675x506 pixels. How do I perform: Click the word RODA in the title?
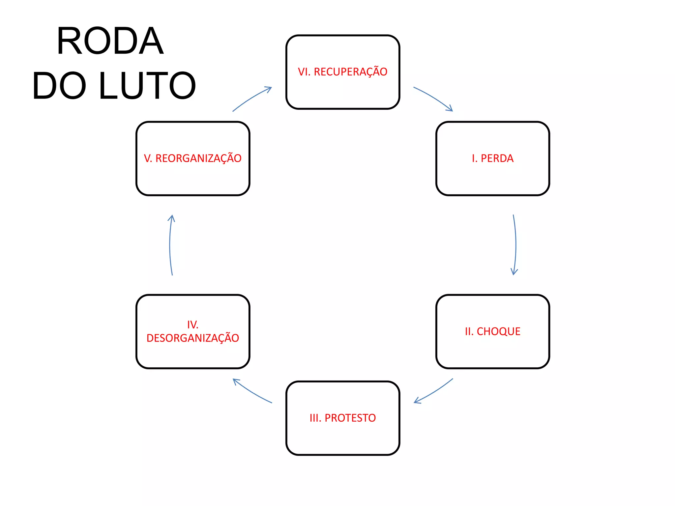coord(110,41)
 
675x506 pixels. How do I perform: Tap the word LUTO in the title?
coord(147,86)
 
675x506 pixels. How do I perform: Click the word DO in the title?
coord(59,86)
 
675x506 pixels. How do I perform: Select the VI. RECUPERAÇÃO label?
coord(342,72)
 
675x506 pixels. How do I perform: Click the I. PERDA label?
coord(492,158)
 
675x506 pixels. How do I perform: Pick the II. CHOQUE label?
coord(492,331)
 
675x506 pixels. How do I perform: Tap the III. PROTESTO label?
coord(342,418)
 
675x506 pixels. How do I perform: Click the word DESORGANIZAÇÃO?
coord(193,338)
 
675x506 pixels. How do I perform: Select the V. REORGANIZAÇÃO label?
coord(193,158)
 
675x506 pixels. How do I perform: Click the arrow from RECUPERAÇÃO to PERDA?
coord(433,98)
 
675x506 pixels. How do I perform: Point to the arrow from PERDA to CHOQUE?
coord(515,245)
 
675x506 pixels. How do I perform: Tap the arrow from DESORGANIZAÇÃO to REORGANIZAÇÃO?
coord(170,245)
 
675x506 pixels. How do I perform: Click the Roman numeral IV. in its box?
coord(193,325)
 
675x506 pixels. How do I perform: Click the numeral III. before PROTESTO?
coord(315,418)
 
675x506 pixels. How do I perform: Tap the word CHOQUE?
coord(498,331)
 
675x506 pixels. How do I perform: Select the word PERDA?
coord(497,158)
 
